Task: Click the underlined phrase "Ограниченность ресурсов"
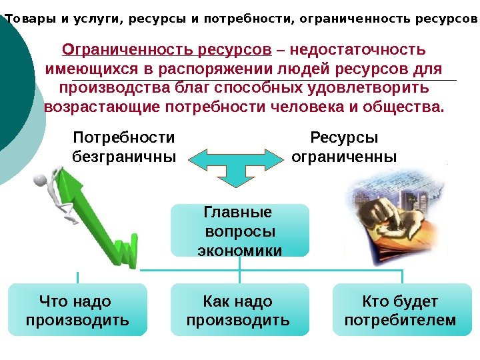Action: (x=167, y=50)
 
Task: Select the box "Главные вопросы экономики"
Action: (x=240, y=231)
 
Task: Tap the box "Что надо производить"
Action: (x=77, y=311)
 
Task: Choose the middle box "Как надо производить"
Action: (x=239, y=311)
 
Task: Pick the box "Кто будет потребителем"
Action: (x=401, y=311)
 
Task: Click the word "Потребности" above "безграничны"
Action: (x=123, y=138)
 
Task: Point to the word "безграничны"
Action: (x=123, y=157)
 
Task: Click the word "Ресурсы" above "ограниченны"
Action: (x=344, y=138)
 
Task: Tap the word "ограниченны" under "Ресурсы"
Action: (x=344, y=157)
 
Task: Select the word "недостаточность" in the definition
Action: (x=357, y=50)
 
